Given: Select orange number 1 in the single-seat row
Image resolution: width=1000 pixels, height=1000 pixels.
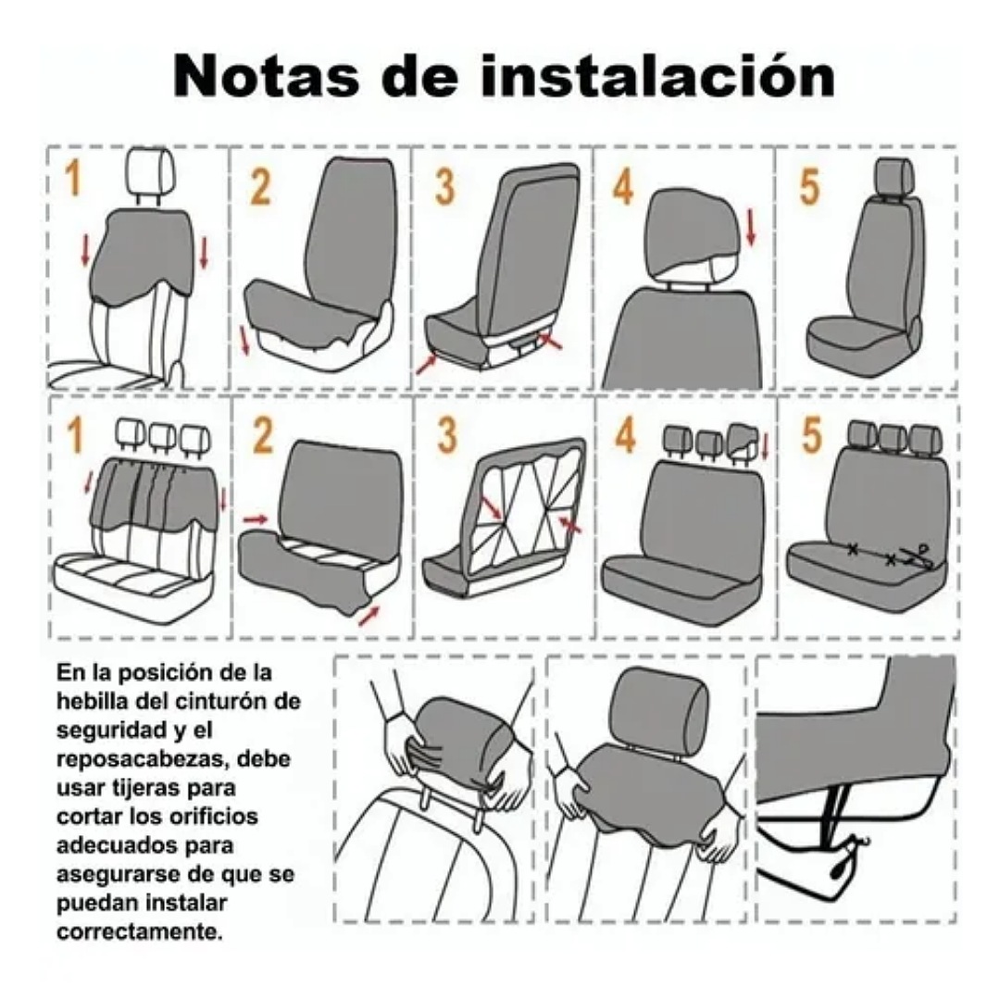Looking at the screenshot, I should point(71,180).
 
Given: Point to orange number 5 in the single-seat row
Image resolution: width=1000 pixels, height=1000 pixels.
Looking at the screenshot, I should point(809,186).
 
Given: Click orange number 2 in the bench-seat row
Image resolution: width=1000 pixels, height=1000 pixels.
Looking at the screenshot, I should point(263,436).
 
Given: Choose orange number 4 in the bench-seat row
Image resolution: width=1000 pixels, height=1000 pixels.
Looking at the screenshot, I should point(625,436).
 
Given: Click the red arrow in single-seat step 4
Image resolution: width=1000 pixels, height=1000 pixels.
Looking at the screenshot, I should point(750,228).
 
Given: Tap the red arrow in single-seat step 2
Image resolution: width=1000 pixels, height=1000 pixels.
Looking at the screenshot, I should point(245,341).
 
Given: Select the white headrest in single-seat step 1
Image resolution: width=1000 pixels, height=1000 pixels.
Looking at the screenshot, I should point(148,168).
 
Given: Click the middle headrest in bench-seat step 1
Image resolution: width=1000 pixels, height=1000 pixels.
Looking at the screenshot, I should point(162,436).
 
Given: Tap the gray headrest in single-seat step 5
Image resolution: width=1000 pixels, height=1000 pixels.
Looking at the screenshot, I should point(894,175).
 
